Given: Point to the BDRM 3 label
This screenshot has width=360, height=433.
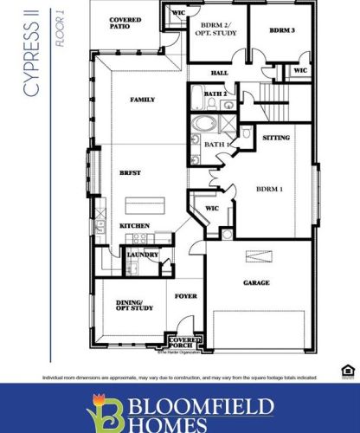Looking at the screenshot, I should pyautogui.click(x=282, y=29).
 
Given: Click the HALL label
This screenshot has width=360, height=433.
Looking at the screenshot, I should pyautogui.click(x=219, y=73).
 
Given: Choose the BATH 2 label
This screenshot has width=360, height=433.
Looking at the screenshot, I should pyautogui.click(x=215, y=94).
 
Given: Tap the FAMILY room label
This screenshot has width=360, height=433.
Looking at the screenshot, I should pyautogui.click(x=142, y=100).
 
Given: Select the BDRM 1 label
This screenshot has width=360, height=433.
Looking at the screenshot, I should pyautogui.click(x=271, y=189).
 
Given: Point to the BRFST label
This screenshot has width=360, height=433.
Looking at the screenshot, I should pyautogui.click(x=130, y=174).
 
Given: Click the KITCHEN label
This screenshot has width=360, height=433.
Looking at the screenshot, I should pyautogui.click(x=134, y=226).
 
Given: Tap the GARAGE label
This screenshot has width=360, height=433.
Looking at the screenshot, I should pyautogui.click(x=256, y=283).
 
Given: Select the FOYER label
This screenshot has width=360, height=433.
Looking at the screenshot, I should pyautogui.click(x=186, y=295).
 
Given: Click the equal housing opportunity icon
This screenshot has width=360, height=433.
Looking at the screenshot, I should pyautogui.click(x=347, y=370).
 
